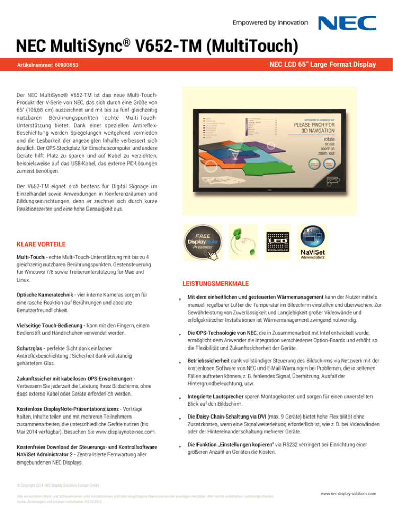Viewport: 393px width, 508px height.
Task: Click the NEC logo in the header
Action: pyautogui.click(x=348, y=24)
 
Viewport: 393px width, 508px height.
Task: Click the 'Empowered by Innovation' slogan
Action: pyautogui.click(x=270, y=22)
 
